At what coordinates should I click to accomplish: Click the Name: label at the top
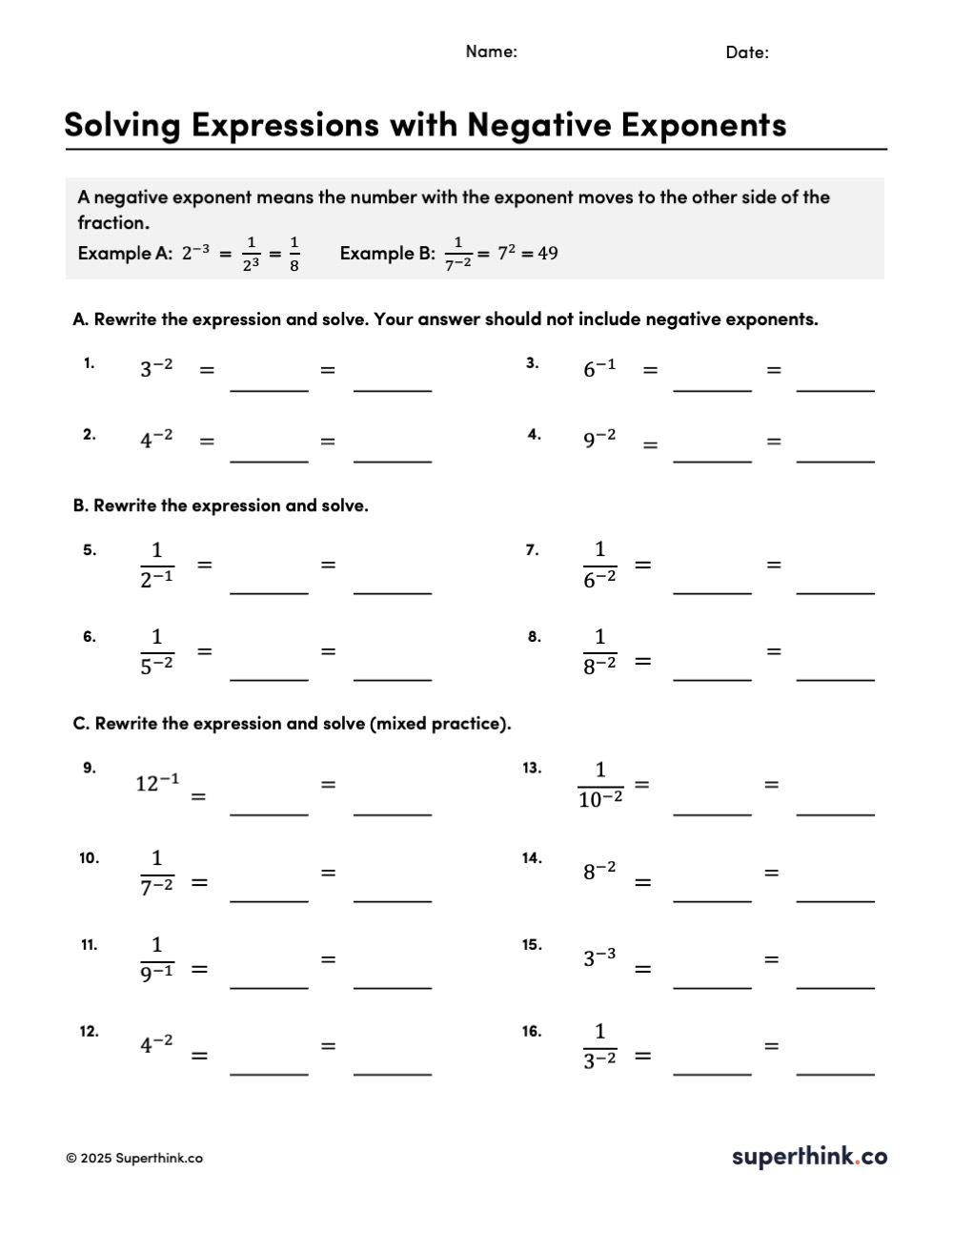pos(491,51)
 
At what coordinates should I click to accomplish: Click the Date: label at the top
pos(746,52)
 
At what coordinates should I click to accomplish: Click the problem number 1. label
pos(89,362)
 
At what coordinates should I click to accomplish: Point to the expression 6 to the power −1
pos(599,368)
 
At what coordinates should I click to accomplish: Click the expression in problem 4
pos(599,439)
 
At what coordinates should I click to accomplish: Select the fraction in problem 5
pos(156,565)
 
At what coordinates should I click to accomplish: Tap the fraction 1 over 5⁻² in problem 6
pos(156,651)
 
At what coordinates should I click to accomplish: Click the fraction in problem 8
pos(599,651)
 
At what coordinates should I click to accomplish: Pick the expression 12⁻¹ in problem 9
pos(157,783)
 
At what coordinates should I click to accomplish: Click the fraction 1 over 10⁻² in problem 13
pos(599,785)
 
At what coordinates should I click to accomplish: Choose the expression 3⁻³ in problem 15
pos(599,957)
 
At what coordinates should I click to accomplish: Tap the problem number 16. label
pos(532,1031)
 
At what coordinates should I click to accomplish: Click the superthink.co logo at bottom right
pos(809,1157)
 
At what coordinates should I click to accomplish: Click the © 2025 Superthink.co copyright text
pos(134,1159)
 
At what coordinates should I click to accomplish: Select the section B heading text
pos(221,505)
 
